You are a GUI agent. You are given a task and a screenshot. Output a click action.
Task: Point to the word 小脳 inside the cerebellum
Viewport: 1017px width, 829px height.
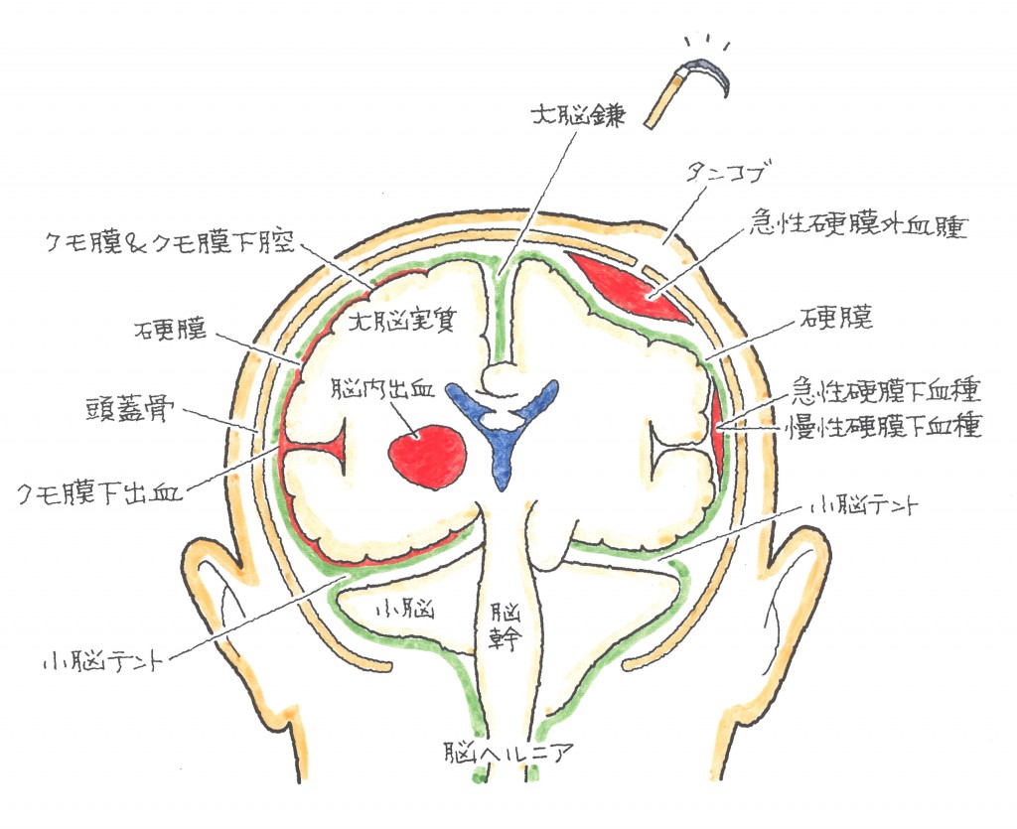pos(406,610)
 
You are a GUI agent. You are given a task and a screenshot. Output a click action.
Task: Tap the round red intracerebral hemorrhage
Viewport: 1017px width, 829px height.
pos(430,456)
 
